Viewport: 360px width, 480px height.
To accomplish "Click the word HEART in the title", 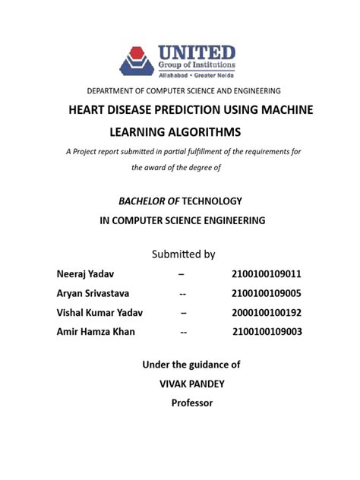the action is [90, 110].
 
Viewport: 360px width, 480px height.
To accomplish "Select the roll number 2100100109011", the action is [271, 273].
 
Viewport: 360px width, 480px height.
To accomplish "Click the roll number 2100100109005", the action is [270, 293].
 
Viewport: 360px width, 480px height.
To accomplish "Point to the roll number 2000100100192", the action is [270, 313].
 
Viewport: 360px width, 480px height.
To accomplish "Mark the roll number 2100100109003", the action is [270, 333].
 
